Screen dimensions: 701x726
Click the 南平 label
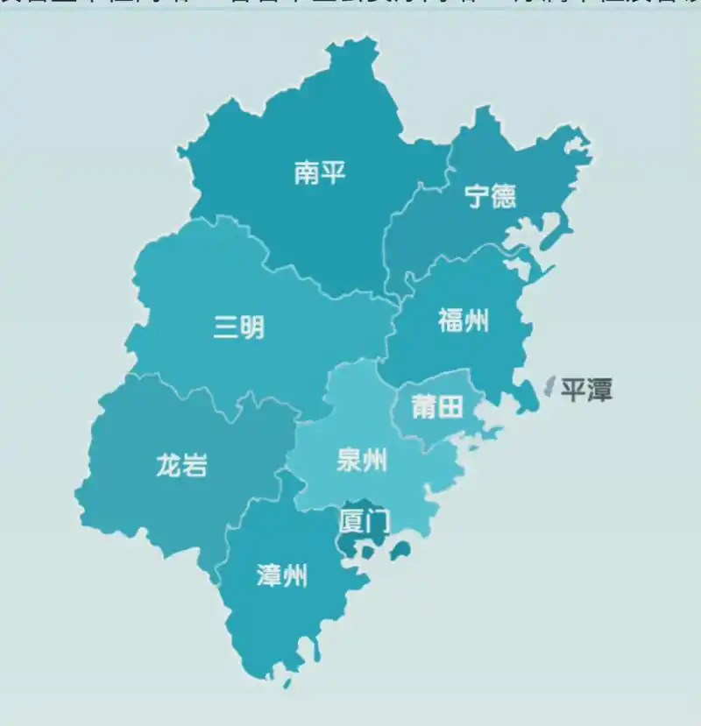(320, 173)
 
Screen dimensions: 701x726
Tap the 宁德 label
(491, 195)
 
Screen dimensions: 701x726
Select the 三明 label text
(239, 328)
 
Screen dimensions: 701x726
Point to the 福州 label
(464, 321)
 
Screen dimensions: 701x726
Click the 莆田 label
(437, 406)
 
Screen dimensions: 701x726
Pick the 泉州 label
(362, 460)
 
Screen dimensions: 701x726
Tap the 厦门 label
(364, 522)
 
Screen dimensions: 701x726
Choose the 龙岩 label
(182, 465)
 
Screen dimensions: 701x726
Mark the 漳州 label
(282, 575)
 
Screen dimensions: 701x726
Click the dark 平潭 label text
(586, 389)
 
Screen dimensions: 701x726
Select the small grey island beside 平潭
(549, 386)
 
